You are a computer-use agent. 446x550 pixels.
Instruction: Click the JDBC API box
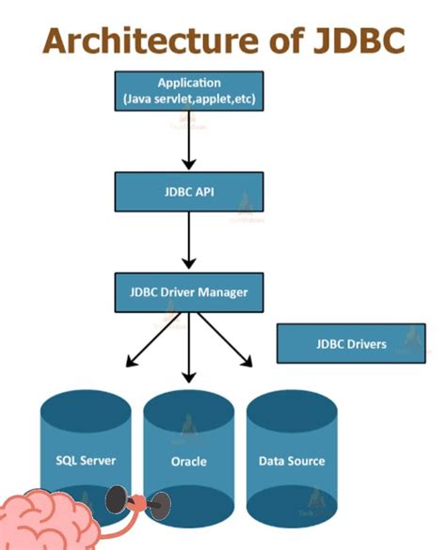(189, 191)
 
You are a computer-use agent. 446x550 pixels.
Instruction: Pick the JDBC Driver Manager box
(189, 292)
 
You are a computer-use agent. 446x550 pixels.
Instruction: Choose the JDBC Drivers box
(350, 344)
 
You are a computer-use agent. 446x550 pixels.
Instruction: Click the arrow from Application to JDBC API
(189, 141)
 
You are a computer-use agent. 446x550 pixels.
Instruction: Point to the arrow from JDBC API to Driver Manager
(189, 242)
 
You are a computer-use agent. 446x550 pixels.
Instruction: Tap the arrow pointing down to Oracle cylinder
(190, 347)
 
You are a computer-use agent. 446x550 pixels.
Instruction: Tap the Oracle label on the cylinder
(188, 462)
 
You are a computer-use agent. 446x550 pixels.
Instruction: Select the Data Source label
(292, 461)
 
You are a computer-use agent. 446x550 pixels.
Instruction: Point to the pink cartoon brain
(52, 517)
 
